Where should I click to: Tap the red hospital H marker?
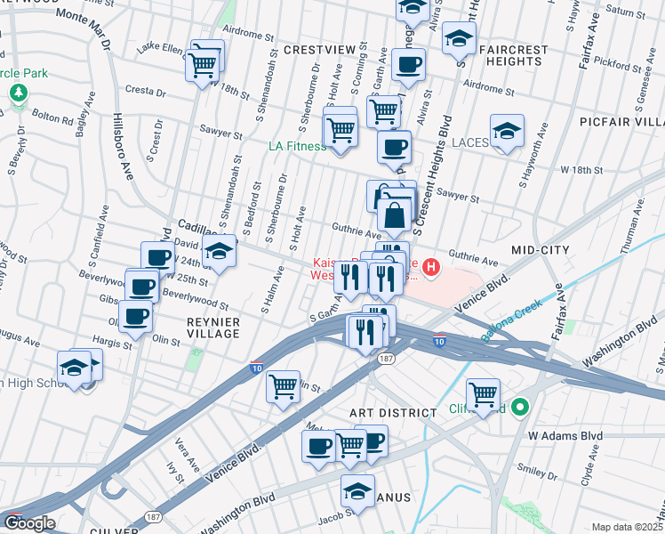tap(431, 266)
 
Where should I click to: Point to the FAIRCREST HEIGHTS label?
tap(510, 55)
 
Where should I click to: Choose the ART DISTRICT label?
tap(392, 413)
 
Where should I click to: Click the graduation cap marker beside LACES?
tap(506, 131)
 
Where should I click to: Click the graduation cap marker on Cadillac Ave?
tap(218, 252)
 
